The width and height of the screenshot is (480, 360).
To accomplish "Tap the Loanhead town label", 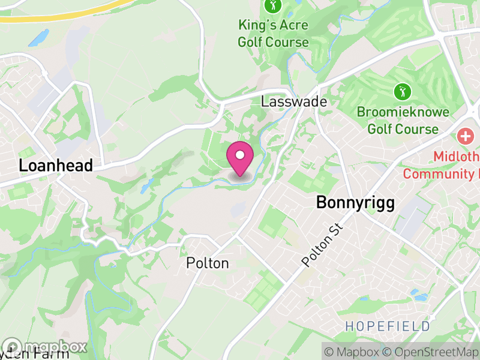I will click(56, 166).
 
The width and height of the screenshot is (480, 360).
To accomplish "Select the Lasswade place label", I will click(294, 102).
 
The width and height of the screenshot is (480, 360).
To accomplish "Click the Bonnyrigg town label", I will click(355, 203).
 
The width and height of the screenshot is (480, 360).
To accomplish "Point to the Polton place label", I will click(208, 263).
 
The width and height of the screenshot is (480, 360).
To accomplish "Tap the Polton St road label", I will click(322, 245).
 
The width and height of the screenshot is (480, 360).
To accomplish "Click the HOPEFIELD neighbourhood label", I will click(388, 326).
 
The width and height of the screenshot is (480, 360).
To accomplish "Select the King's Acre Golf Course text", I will click(273, 34).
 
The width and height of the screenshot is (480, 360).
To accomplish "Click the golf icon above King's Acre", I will click(273, 7).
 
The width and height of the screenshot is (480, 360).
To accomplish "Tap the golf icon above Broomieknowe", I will click(402, 92).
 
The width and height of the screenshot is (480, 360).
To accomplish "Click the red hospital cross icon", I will click(465, 136).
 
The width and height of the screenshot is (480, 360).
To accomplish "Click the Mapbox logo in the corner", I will click(45, 347).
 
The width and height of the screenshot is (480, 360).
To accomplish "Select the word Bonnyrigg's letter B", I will click(322, 203).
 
